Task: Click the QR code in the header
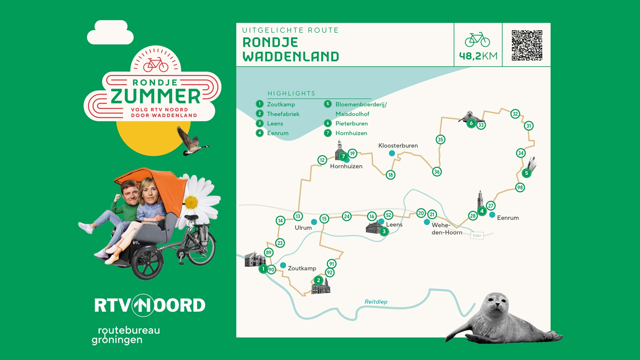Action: [527, 45]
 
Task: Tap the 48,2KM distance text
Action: [478, 56]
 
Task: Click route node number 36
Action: [437, 172]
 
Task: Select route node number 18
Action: [390, 175]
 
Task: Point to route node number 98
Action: [520, 187]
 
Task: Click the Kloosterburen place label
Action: [398, 146]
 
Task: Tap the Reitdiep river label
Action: [376, 302]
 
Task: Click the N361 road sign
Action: [477, 236]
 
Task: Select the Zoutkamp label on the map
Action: [302, 268]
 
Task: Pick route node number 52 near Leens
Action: [388, 215]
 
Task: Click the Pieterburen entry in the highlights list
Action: [351, 124]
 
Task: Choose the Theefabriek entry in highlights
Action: [283, 114]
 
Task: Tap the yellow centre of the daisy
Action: [191, 202]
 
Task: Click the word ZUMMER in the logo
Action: [155, 96]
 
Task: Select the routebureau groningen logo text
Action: [126, 335]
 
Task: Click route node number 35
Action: [440, 139]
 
